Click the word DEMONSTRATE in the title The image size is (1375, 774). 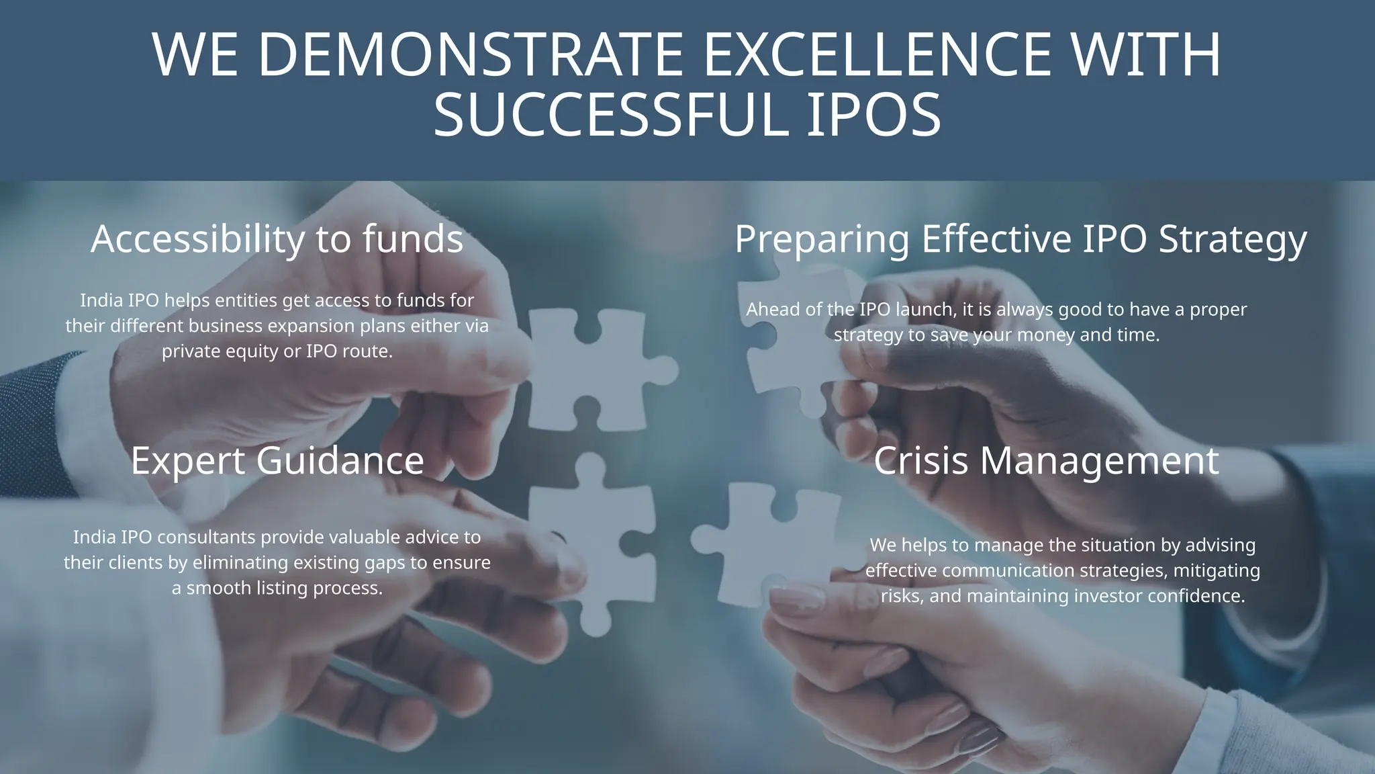click(x=470, y=55)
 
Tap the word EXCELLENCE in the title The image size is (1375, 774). click(x=877, y=55)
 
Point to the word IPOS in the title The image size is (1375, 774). click(x=873, y=116)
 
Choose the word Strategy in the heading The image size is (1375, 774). click(x=1233, y=240)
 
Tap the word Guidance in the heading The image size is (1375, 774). click(x=340, y=461)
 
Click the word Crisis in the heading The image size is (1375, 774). click(x=920, y=461)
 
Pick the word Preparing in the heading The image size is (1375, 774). click(x=822, y=240)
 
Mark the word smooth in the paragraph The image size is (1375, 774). click(x=217, y=589)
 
